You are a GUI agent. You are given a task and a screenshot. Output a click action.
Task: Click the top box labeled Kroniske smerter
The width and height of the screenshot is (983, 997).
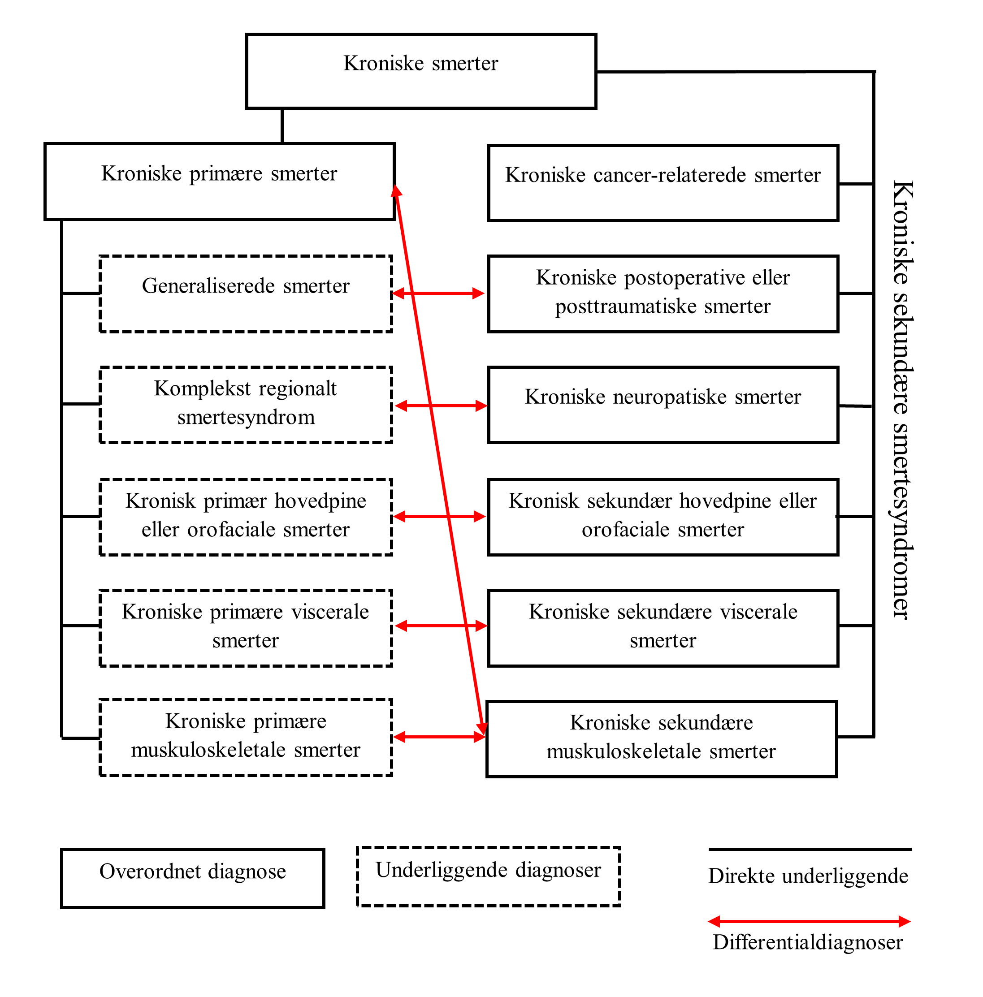(x=421, y=71)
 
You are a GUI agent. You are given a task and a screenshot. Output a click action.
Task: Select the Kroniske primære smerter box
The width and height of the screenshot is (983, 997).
(x=220, y=181)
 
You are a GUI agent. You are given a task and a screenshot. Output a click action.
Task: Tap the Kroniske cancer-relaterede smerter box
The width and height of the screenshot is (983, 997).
(x=663, y=183)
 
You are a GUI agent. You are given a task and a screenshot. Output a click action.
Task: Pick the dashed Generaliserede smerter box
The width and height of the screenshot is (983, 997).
(x=246, y=293)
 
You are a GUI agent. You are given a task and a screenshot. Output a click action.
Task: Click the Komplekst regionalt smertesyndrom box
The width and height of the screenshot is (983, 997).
(x=246, y=404)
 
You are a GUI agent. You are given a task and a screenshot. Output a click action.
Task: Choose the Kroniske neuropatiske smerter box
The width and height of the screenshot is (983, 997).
(x=663, y=405)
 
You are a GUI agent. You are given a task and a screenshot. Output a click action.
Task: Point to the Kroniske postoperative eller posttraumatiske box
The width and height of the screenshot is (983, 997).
(x=663, y=293)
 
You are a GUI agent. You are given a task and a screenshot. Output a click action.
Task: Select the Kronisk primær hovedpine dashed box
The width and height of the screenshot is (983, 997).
(x=246, y=517)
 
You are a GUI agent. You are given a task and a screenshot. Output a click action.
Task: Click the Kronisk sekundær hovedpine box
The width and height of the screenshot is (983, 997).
(x=663, y=517)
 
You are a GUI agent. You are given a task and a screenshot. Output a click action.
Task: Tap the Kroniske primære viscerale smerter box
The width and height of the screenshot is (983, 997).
(x=246, y=627)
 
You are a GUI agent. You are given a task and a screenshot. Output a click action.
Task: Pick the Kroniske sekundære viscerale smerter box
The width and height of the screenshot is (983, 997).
(x=663, y=627)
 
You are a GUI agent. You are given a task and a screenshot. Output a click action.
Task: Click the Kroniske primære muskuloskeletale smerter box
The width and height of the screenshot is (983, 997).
(x=246, y=737)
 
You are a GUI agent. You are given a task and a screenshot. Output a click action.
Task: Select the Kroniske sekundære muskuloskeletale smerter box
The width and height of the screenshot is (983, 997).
(x=661, y=738)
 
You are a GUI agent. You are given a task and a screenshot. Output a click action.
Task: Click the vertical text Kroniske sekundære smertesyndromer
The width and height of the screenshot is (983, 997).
(x=902, y=400)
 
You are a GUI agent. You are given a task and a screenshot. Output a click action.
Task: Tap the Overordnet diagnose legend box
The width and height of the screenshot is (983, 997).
(x=193, y=878)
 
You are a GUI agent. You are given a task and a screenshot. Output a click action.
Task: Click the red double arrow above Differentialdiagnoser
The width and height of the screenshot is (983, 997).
(x=809, y=921)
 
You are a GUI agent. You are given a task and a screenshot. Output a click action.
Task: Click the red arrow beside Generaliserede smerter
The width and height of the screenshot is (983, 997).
(x=438, y=293)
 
